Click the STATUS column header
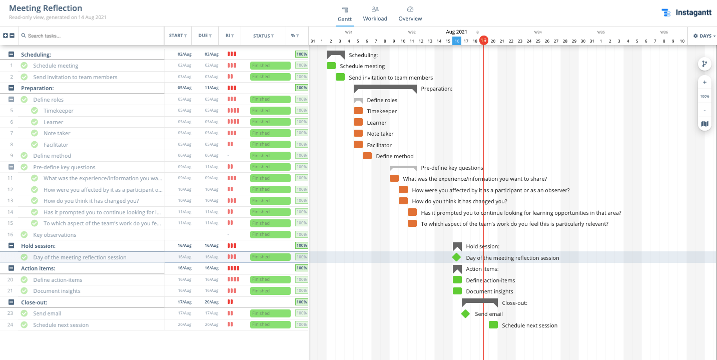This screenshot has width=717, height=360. point(263,36)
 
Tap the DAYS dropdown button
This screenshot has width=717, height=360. point(704,36)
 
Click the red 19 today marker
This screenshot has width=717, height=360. point(483,41)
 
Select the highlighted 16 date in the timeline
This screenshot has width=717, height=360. point(457,41)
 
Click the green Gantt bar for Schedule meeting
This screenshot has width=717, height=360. point(331,66)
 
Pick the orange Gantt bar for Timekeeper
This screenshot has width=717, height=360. point(358,111)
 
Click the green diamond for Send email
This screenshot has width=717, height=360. point(465,314)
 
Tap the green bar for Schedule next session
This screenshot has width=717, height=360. point(493,325)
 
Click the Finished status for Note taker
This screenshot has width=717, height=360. point(270,133)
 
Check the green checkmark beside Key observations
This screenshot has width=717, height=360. point(24,235)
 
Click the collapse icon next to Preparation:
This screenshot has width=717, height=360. point(12,88)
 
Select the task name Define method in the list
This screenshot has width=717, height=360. point(52,156)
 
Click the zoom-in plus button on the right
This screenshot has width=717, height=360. point(704,82)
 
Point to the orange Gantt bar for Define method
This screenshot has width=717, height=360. point(367,156)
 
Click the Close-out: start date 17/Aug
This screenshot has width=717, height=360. point(185,302)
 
